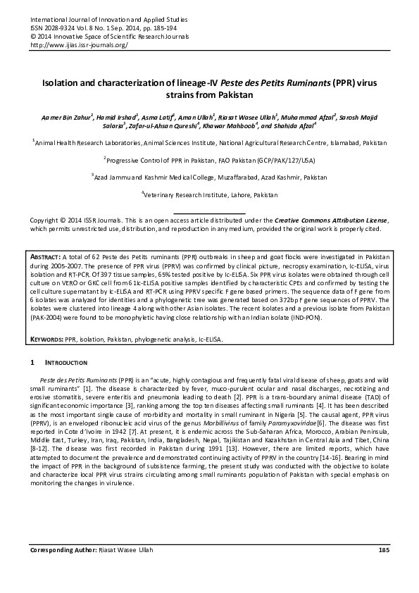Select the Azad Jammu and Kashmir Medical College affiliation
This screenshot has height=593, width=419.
tap(210, 176)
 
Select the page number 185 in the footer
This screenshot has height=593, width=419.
tap(384, 569)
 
